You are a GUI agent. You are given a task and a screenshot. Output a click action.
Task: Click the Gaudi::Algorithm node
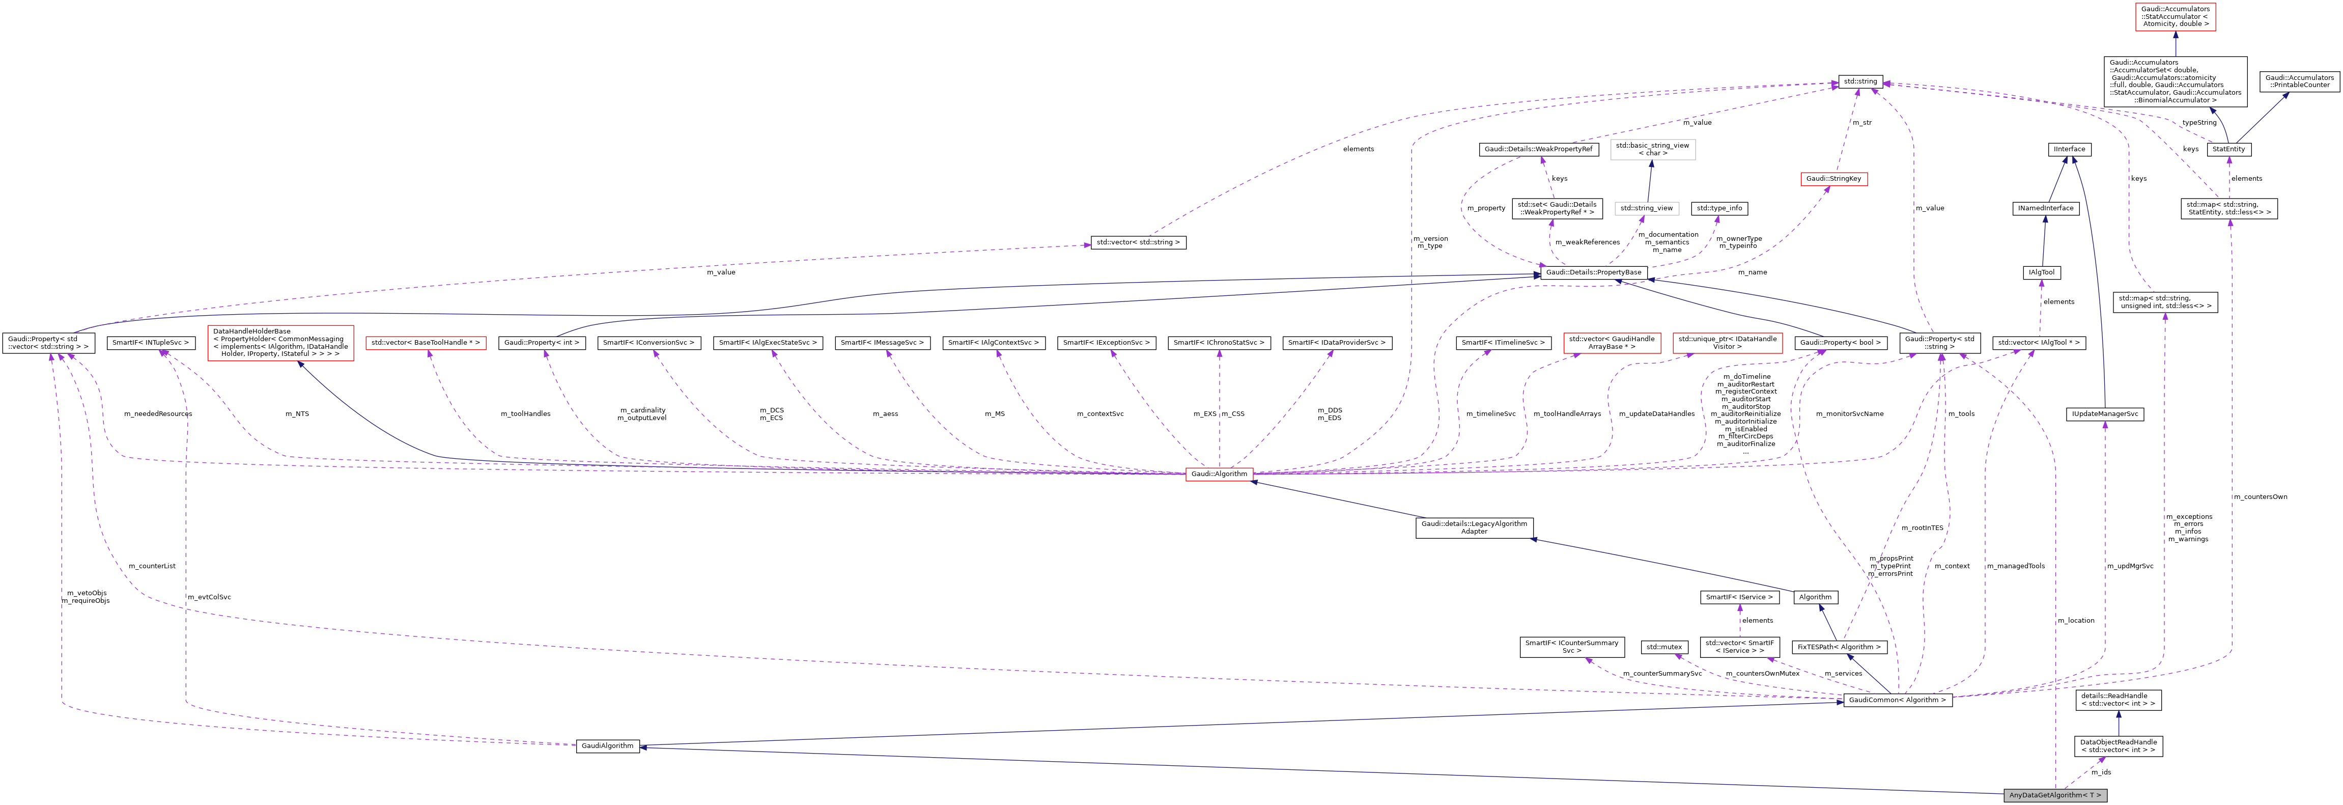tap(1219, 474)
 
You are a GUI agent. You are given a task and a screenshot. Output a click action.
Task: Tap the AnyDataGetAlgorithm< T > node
tap(2055, 795)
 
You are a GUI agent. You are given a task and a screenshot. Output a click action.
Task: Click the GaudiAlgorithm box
tap(608, 746)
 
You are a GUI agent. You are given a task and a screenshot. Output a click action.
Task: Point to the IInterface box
tap(2069, 149)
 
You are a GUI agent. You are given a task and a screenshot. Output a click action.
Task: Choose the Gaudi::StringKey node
tap(1833, 179)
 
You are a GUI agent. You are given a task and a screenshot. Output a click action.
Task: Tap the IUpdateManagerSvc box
tap(2105, 414)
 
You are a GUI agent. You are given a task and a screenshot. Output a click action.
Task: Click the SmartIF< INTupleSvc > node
tap(151, 343)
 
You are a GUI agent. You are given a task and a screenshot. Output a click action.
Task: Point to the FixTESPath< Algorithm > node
tap(1839, 648)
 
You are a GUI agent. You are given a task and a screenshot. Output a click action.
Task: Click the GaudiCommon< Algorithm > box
tap(1897, 701)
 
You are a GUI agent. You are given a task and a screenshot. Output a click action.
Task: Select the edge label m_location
tap(2075, 620)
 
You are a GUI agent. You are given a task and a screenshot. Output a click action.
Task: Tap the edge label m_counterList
tap(152, 566)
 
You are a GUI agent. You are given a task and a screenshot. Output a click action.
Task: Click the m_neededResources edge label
tap(158, 414)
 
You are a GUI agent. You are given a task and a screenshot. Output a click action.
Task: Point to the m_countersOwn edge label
tap(2260, 496)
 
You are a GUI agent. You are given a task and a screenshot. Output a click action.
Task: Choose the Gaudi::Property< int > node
tap(541, 343)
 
